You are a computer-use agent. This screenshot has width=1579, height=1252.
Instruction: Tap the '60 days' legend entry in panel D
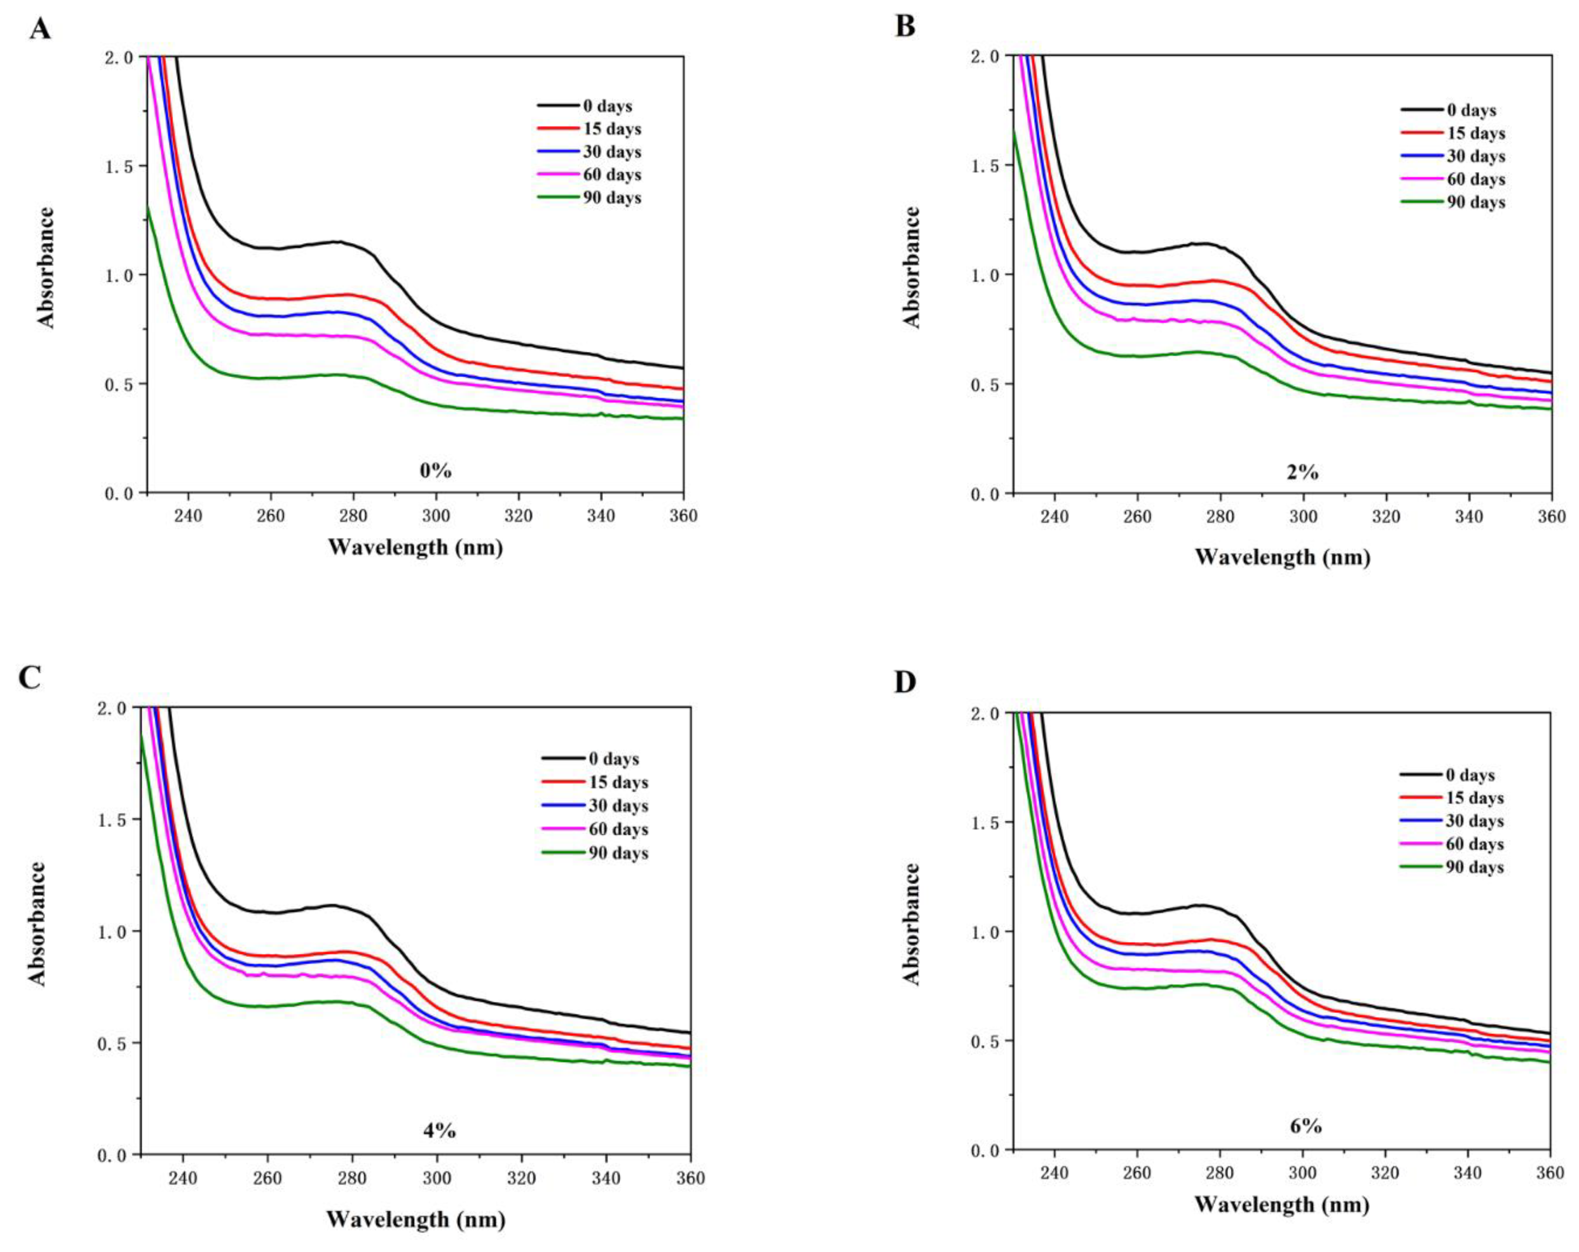tap(1452, 844)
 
